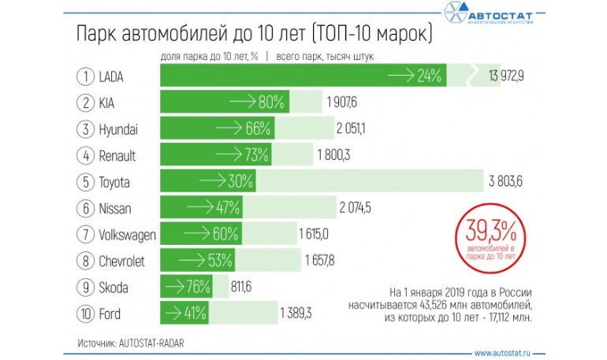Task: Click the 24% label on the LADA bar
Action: [x=429, y=76]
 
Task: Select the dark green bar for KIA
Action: [x=225, y=102]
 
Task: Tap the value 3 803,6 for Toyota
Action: [x=512, y=181]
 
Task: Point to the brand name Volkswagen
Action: [x=128, y=234]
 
